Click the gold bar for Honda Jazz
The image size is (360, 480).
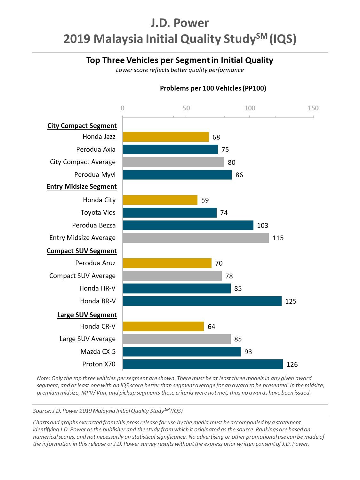click(x=165, y=137)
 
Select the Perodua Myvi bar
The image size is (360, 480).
click(x=177, y=175)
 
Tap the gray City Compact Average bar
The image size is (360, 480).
click(x=173, y=162)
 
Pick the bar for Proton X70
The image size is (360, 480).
click(x=203, y=364)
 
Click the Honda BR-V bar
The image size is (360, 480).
click(x=202, y=301)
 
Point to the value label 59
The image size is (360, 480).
click(x=205, y=200)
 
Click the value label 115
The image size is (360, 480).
click(x=278, y=238)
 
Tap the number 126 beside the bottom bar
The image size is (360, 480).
click(x=292, y=364)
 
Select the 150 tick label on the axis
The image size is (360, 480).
click(x=313, y=108)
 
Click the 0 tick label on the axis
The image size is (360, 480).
click(x=123, y=108)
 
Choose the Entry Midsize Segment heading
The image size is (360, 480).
click(x=82, y=187)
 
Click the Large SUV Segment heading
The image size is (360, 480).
click(x=87, y=315)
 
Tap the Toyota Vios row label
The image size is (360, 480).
click(x=98, y=212)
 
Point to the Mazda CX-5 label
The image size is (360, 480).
click(x=98, y=352)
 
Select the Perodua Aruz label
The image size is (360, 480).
click(x=95, y=263)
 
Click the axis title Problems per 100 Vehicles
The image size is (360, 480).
click(x=213, y=88)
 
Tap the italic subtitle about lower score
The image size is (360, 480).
click(x=180, y=70)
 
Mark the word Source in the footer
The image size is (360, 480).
click(x=41, y=411)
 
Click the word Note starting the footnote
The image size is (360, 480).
click(x=43, y=378)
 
